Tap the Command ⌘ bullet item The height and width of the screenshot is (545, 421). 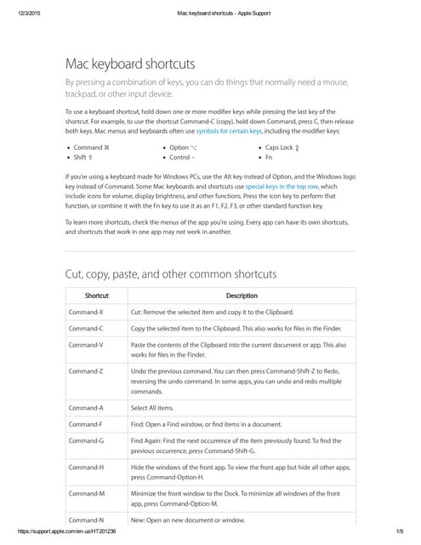[x=92, y=147]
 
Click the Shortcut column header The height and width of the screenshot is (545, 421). [x=96, y=295]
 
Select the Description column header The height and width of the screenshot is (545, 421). [x=242, y=295]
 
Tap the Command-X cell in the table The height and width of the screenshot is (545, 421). [x=86, y=313]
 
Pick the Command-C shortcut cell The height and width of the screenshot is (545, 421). [x=86, y=329]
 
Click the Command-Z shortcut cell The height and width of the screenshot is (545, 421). [x=86, y=372]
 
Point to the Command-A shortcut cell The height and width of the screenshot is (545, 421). [x=86, y=408]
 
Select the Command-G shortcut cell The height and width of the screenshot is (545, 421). [x=86, y=440]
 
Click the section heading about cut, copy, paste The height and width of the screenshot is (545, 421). [x=171, y=274]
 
